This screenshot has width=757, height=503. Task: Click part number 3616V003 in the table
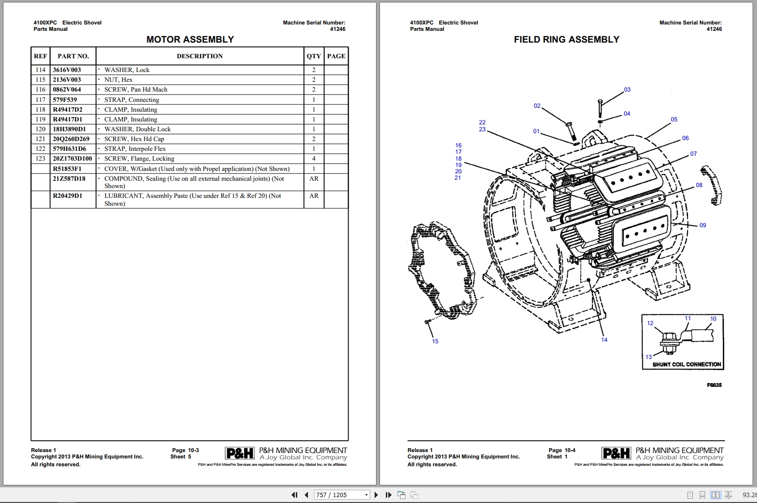(x=67, y=70)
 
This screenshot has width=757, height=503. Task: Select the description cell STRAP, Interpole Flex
(x=135, y=149)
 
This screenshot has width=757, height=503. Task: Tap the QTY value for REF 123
(x=314, y=159)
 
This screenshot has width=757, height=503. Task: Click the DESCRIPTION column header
(x=199, y=56)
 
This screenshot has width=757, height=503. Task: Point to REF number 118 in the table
(x=40, y=110)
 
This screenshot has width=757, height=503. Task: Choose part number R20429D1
(x=68, y=196)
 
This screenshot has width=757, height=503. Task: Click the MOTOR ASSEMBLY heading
(x=190, y=40)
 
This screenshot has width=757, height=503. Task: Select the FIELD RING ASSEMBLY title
(x=566, y=40)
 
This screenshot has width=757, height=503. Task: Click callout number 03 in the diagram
(x=627, y=90)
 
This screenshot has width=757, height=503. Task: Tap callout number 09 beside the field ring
(x=703, y=225)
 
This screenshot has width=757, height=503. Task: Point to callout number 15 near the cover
(x=435, y=341)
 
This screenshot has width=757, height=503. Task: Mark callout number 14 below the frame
(x=604, y=340)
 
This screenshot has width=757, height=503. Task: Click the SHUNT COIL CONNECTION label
(x=686, y=364)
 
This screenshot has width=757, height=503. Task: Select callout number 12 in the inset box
(x=650, y=323)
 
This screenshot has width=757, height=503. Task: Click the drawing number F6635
(x=714, y=385)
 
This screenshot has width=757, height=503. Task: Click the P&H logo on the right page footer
(x=616, y=454)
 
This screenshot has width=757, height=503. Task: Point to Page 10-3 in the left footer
(x=185, y=450)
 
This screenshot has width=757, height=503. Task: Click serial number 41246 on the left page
(x=337, y=29)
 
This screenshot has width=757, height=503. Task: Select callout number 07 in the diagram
(x=693, y=154)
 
